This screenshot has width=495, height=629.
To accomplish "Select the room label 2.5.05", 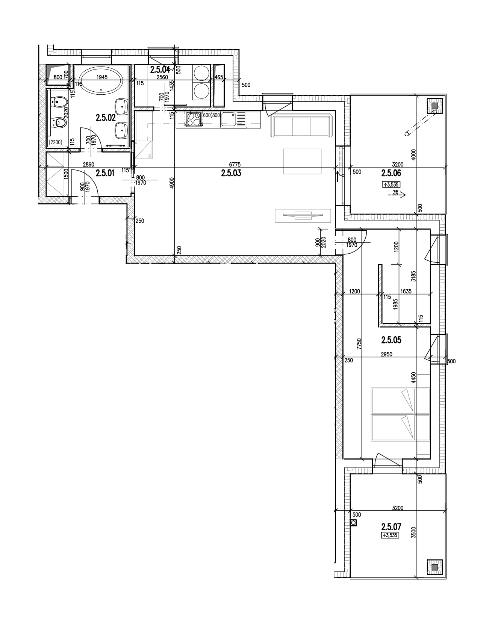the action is (x=391, y=340).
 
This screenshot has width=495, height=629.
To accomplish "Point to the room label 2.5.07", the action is (x=391, y=527).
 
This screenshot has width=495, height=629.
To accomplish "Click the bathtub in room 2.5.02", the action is (x=101, y=83).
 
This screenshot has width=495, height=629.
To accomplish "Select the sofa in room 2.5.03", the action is (x=301, y=126).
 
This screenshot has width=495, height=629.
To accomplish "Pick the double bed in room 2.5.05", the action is (x=400, y=414).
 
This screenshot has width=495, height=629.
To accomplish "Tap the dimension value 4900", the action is (x=172, y=183).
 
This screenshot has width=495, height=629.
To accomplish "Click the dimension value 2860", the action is (x=88, y=164).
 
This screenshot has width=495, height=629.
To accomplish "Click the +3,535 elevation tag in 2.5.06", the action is (x=391, y=184).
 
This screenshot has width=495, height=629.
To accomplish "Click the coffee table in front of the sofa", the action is (x=303, y=162).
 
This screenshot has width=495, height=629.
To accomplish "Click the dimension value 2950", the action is (x=386, y=354).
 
